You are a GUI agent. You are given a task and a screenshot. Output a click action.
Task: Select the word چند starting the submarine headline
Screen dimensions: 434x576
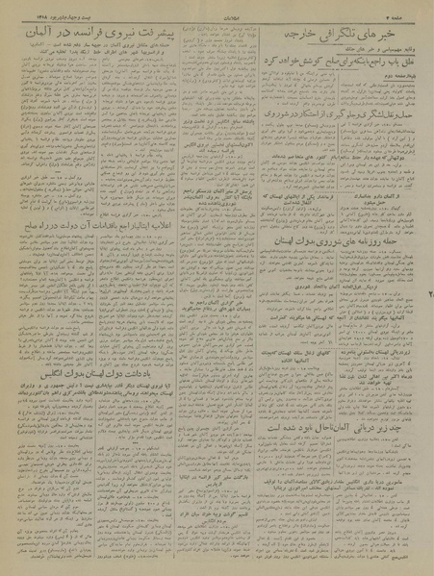point(394,470)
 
